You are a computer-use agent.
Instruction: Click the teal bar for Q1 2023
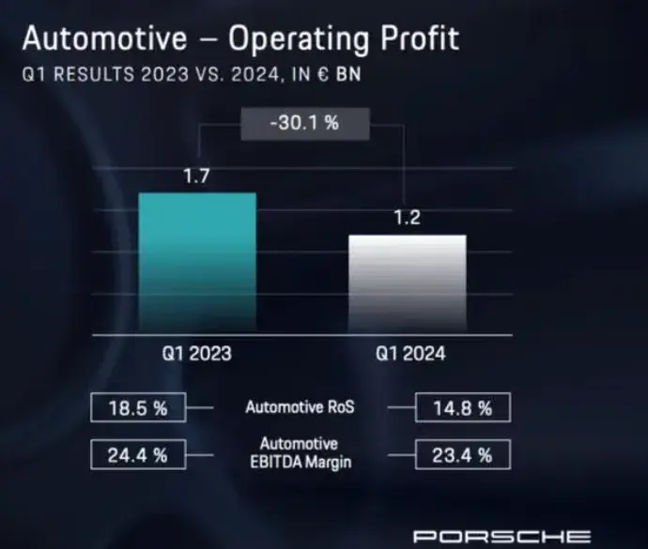point(196,264)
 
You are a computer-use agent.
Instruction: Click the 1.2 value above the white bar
point(407,219)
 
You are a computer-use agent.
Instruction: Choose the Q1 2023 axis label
point(196,355)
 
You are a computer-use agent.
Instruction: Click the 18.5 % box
point(139,408)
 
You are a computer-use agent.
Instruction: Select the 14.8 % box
point(462,408)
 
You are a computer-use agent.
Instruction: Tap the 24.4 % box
point(139,456)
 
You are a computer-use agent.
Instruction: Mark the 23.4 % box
point(462,456)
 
